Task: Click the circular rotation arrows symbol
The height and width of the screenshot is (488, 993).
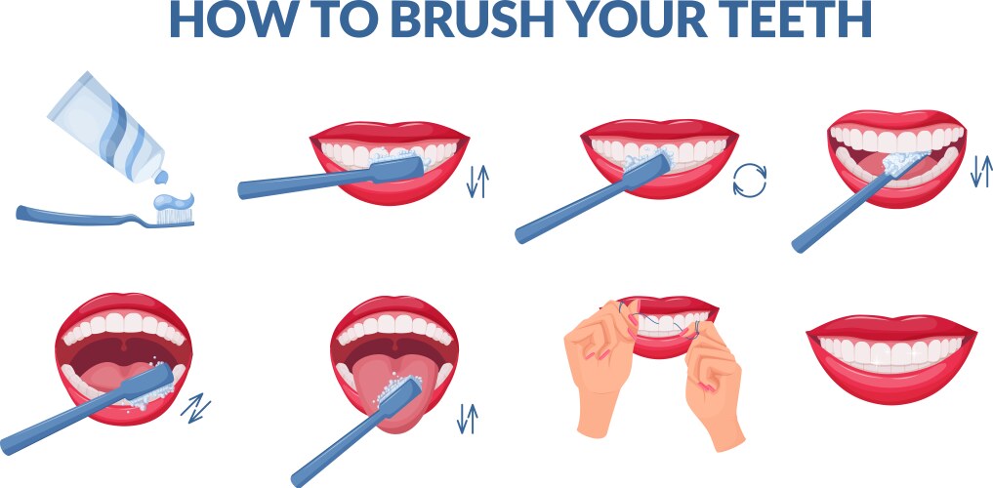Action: [x=750, y=181]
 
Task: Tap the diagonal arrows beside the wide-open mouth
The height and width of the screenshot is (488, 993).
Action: [x=195, y=408]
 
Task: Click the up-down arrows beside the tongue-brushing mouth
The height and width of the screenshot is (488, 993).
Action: [x=468, y=419]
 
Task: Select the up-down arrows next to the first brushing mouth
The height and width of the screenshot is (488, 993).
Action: [x=477, y=181]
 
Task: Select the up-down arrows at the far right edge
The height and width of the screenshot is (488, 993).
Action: [x=981, y=171]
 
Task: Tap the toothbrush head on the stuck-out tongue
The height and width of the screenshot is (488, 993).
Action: [x=400, y=392]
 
